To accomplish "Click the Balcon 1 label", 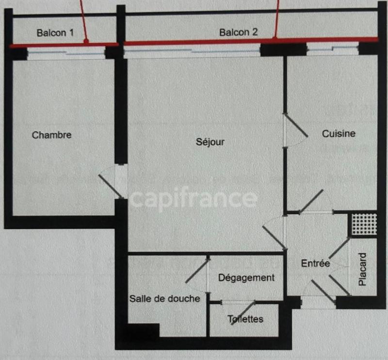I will coord(55,33).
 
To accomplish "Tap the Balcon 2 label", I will coord(238,32).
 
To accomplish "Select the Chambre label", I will coord(51,135).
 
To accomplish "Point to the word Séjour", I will coord(210,142).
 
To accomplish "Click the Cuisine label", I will coord(339,134).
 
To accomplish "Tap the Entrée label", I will coord(315,264).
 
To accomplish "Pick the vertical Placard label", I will coord(363,269).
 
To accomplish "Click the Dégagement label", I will coord(246,278).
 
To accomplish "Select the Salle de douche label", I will coord(164,298).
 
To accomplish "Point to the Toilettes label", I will coord(245,319).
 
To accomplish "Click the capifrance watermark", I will coord(193,199).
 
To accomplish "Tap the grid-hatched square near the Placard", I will coord(364,224).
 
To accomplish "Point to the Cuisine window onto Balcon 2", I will coord(333,49).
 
